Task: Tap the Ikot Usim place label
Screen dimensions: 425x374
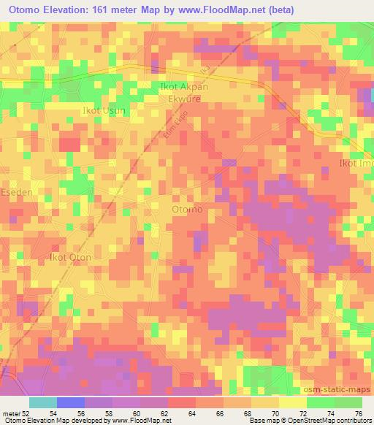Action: pyautogui.click(x=104, y=110)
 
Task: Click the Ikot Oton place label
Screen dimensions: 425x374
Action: pyautogui.click(x=70, y=257)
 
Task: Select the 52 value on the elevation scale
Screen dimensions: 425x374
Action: pyautogui.click(x=27, y=413)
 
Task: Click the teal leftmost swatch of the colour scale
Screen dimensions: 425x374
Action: pyautogui.click(x=43, y=402)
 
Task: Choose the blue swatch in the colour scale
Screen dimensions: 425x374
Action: pyautogui.click(x=71, y=402)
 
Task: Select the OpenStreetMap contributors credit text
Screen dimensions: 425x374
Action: pyautogui.click(x=335, y=421)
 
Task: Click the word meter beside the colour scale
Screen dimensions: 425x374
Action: pyautogui.click(x=11, y=413)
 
